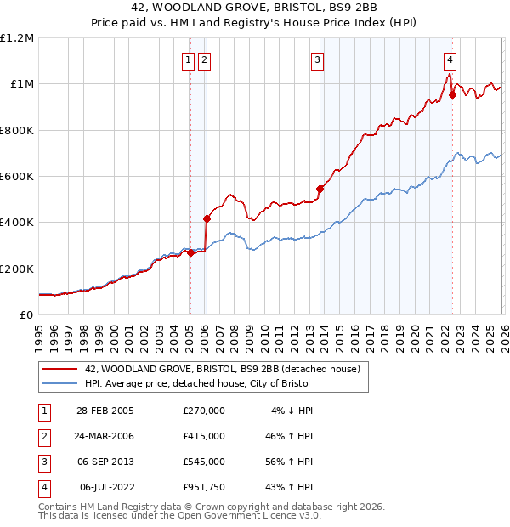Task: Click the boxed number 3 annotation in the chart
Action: pyautogui.click(x=316, y=59)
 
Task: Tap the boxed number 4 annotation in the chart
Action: pyautogui.click(x=449, y=59)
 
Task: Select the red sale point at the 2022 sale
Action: pyautogui.click(x=453, y=95)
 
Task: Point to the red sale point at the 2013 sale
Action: pyautogui.click(x=320, y=189)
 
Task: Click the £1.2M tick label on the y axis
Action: pyautogui.click(x=17, y=38)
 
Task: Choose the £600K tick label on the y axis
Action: pyautogui.click(x=17, y=177)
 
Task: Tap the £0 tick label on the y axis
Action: pyautogui.click(x=25, y=315)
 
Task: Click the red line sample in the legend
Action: pyautogui.click(x=61, y=369)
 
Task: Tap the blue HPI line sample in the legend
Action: pyautogui.click(x=61, y=383)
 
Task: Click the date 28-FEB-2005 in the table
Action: pyautogui.click(x=105, y=411)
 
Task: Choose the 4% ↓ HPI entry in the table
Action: pyautogui.click(x=292, y=411)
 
